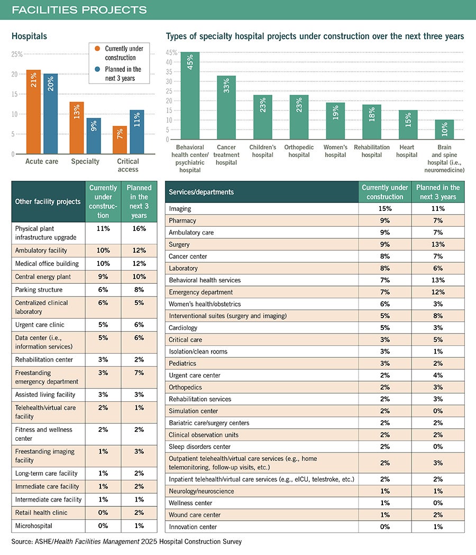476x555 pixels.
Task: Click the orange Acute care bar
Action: tap(34, 112)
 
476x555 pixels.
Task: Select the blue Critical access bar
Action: tap(136, 132)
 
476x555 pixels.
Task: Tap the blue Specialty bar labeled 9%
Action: tap(94, 136)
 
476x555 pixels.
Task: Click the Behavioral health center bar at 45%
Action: tap(190, 96)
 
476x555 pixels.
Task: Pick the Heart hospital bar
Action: tap(408, 125)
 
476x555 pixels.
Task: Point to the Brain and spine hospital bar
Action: tap(444, 129)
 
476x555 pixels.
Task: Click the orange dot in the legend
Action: tap(97, 49)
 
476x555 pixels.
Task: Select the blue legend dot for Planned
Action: tap(97, 69)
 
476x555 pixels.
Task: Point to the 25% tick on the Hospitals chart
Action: tap(17, 54)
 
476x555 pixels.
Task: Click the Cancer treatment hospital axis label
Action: tap(226, 155)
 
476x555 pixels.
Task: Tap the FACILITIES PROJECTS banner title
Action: tap(79, 10)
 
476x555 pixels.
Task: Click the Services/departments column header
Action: tap(201, 192)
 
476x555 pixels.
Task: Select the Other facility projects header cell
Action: tap(48, 201)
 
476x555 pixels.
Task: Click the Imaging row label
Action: tap(180, 208)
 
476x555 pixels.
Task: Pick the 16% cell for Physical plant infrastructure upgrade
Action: tap(139, 228)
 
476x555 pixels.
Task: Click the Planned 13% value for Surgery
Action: tap(438, 244)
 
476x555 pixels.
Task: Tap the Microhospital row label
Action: tap(34, 525)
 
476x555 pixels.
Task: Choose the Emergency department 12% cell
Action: tap(438, 292)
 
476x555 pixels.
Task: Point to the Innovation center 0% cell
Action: tap(385, 526)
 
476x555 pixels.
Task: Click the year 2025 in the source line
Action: tap(149, 541)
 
